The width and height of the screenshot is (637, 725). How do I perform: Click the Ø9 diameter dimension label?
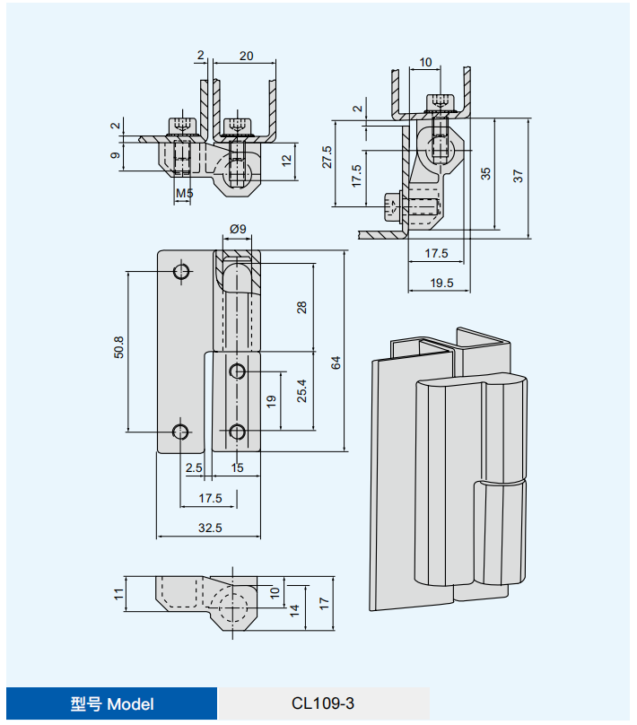coord(238,229)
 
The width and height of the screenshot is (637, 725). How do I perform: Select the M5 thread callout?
coord(184,193)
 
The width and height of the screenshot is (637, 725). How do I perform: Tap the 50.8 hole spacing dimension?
coord(118,346)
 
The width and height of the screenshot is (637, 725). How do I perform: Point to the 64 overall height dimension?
coord(336,362)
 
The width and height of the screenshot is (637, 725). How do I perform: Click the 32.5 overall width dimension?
coord(210,528)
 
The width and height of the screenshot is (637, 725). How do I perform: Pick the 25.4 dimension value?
coord(301,390)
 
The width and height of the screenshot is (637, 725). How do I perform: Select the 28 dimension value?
coord(301,308)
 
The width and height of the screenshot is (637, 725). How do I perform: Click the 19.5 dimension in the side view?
coord(442,283)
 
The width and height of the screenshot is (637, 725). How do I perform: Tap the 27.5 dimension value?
coord(327,157)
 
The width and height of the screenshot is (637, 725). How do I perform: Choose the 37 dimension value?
coord(518,176)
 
